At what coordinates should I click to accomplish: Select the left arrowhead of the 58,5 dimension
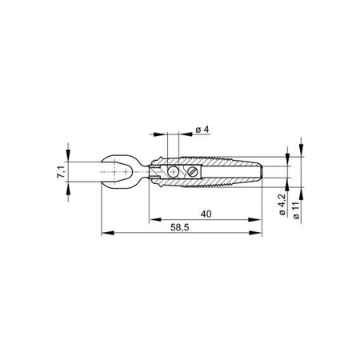pyautogui.click(x=105, y=234)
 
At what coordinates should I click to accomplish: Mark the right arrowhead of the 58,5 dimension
pyautogui.click(x=263, y=234)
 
